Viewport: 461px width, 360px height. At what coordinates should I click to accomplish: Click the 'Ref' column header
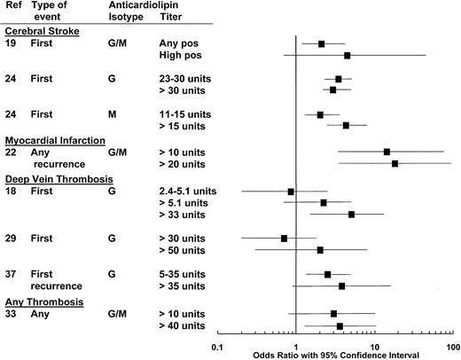[x=13, y=5]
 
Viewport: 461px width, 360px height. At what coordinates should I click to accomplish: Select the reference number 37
[x=12, y=274]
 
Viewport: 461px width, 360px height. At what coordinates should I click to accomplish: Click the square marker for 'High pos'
[x=347, y=55]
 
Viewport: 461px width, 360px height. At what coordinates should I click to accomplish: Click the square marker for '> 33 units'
[x=351, y=215]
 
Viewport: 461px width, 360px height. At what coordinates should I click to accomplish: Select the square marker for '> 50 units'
[x=320, y=250]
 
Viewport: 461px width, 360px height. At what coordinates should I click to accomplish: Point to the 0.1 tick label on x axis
[x=215, y=347]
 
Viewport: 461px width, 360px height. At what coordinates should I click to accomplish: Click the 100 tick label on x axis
[x=452, y=347]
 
